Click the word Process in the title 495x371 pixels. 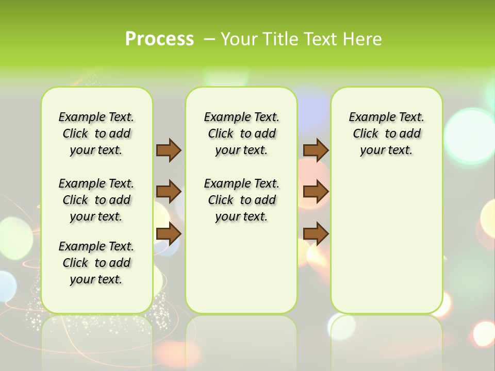[159, 39]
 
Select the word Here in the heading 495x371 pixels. [364, 39]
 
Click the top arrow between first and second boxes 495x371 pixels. [169, 150]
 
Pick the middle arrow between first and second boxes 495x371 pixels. [169, 192]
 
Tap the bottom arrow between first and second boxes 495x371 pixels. [169, 233]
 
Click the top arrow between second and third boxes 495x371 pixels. [316, 150]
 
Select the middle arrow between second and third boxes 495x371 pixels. [316, 192]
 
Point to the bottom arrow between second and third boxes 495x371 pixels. [316, 233]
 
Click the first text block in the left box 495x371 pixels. [96, 133]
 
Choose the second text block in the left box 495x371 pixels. [96, 200]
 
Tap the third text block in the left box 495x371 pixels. [96, 263]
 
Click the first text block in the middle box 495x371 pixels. [241, 133]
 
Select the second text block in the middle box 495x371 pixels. [241, 200]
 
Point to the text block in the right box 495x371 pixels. [386, 133]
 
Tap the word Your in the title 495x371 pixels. [238, 39]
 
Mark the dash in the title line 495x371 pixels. [209, 39]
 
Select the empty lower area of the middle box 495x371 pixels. [241, 268]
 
